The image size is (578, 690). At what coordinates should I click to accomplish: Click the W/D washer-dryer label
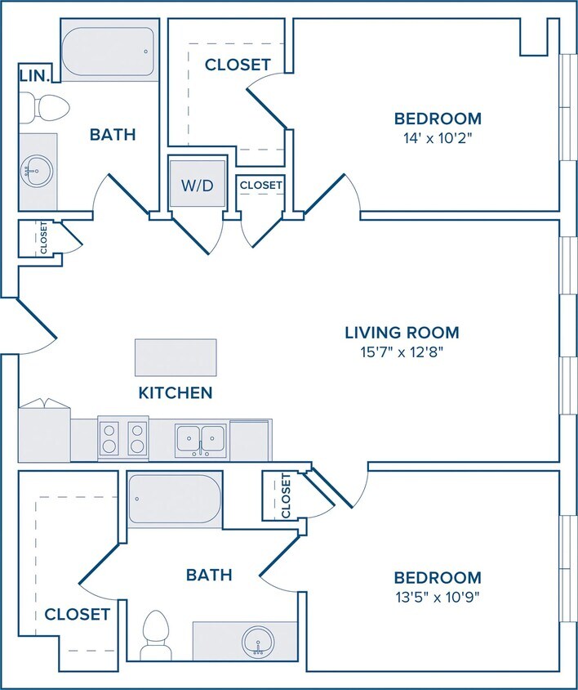pos(198,186)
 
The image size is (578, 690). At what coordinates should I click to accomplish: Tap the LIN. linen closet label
pos(33,76)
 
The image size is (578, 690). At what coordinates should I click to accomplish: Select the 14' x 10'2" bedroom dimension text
pos(438,139)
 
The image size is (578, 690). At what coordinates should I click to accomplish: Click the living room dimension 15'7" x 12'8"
pos(402,352)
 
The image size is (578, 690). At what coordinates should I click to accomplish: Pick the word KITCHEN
pos(176,392)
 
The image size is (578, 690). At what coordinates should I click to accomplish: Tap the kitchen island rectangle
pos(176,357)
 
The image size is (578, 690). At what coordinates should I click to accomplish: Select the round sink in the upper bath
pos(37,171)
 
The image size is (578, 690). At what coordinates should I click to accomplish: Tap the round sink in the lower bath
pos(258,643)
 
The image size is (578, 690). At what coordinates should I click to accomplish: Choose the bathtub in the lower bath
pos(175,499)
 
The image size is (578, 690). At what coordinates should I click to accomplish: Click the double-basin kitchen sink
pos(201,441)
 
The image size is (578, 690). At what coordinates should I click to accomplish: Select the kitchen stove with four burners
pos(123,438)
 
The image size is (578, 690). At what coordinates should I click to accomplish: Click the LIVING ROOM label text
pos(402,333)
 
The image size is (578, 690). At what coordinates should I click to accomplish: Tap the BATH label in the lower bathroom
pos(209,575)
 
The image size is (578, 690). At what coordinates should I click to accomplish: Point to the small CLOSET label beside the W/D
pos(260,186)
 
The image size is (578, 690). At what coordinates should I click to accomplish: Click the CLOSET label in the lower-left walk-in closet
pos(77,614)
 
